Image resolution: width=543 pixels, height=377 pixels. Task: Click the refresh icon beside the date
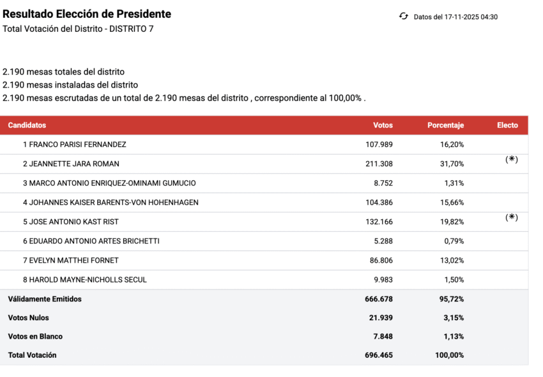[x=403, y=17]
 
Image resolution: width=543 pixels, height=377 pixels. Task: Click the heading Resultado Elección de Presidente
[x=87, y=14]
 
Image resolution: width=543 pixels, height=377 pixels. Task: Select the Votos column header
[x=383, y=125]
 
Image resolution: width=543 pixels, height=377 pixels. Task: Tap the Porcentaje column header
[x=445, y=125]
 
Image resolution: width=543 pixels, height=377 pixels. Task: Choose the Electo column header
[x=507, y=125]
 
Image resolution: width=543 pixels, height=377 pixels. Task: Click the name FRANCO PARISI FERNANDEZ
[x=74, y=144]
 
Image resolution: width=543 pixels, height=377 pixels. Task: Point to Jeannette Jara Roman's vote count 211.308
[x=379, y=164]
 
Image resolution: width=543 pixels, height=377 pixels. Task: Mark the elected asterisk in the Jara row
[x=511, y=160]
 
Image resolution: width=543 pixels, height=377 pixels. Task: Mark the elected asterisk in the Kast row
[x=511, y=217]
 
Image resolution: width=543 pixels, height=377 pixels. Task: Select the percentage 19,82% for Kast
[x=452, y=222]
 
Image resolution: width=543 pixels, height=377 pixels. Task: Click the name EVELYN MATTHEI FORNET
[x=70, y=261]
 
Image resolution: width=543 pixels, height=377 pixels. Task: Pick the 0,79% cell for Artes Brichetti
[x=453, y=242]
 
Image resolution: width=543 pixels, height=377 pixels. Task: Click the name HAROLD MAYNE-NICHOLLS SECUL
[x=84, y=280]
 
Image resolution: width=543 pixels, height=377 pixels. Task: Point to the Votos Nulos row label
[x=28, y=318]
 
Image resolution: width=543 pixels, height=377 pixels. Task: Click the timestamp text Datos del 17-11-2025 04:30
[x=455, y=17]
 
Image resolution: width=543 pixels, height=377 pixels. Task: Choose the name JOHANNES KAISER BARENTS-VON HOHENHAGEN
[x=111, y=203]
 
